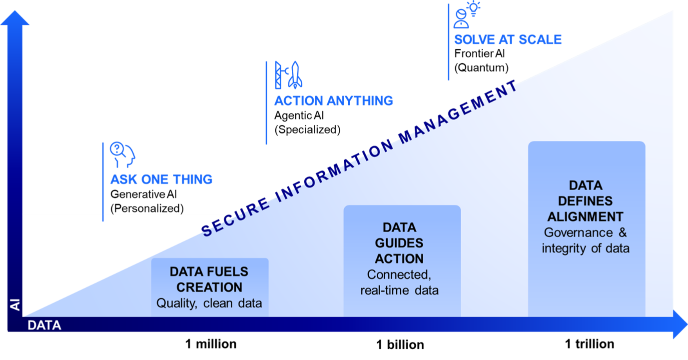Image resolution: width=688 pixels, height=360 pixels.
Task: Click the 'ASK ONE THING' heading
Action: click(x=161, y=179)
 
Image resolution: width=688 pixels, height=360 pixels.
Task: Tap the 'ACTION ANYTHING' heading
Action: click(x=333, y=101)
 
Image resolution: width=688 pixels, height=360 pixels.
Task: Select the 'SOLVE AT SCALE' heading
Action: click(x=508, y=39)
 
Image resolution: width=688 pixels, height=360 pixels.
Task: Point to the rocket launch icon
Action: click(x=289, y=75)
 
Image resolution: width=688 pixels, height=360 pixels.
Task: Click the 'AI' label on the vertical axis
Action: click(x=15, y=303)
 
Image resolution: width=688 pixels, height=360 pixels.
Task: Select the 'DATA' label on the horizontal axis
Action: click(x=44, y=325)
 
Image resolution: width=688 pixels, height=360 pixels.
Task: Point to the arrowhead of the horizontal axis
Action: click(x=680, y=324)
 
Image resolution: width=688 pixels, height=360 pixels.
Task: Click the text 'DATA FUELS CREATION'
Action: click(x=209, y=279)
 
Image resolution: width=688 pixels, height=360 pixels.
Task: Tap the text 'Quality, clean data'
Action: click(x=209, y=303)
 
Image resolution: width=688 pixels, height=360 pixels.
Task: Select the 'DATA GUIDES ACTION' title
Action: click(x=399, y=243)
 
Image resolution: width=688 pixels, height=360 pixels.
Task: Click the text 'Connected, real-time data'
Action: click(x=399, y=282)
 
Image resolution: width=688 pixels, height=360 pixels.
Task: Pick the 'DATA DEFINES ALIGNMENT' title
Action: click(x=586, y=201)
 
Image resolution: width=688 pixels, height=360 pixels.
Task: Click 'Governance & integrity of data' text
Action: click(x=586, y=240)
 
